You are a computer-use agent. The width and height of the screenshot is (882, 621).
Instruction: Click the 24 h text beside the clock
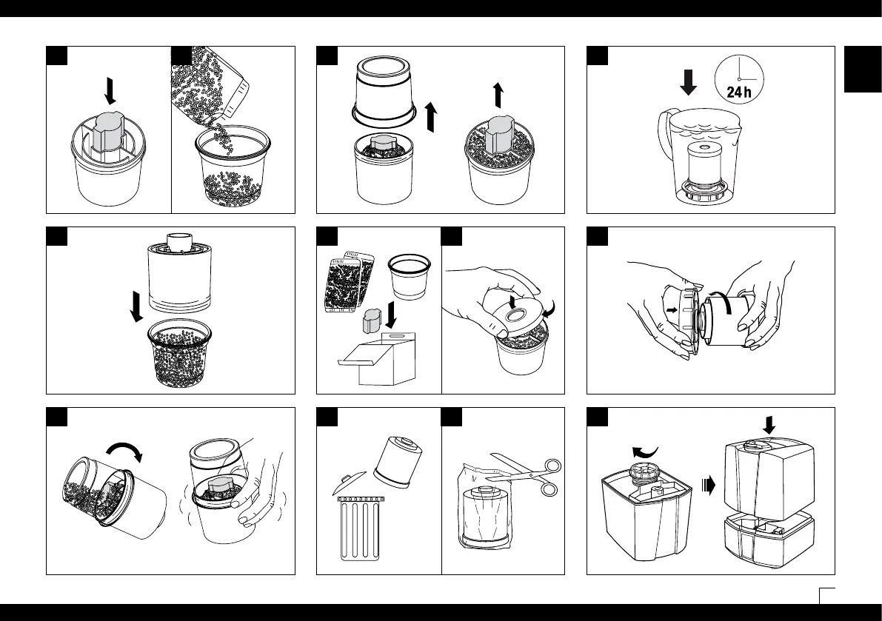(x=738, y=92)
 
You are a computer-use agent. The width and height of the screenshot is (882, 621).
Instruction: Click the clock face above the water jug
(x=739, y=79)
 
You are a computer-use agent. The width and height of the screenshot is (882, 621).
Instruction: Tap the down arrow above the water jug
(x=688, y=82)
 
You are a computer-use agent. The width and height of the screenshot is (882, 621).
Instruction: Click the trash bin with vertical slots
(x=361, y=528)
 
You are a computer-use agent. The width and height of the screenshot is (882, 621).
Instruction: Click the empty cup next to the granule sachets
(x=410, y=277)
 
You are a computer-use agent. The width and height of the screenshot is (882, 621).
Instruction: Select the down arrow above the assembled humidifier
(x=769, y=425)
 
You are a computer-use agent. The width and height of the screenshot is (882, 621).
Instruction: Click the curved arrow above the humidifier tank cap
(x=644, y=452)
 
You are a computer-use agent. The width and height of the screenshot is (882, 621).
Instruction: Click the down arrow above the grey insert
(x=110, y=92)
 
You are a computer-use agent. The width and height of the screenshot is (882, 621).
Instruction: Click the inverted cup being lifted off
(x=384, y=93)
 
